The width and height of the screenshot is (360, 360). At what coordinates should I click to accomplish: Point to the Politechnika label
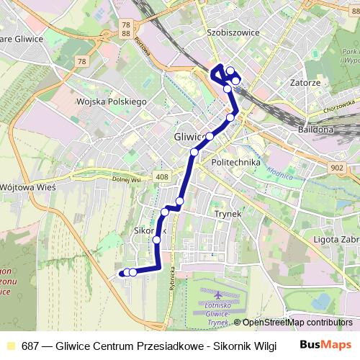[235, 163]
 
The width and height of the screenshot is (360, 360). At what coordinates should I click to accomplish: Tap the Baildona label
[315, 130]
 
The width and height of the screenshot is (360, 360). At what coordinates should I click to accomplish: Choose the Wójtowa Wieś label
[32, 186]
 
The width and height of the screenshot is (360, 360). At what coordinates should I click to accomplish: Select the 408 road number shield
[161, 177]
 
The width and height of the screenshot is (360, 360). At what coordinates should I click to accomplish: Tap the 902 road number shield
[337, 167]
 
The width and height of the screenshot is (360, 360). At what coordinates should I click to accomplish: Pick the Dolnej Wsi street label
[125, 180]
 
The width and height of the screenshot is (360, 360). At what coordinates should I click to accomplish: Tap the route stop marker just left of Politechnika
[194, 152]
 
